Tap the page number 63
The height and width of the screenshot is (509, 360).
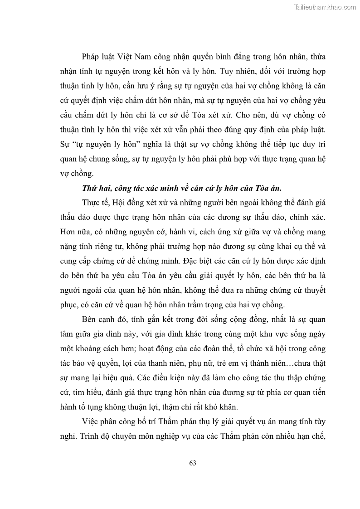pos(192,463)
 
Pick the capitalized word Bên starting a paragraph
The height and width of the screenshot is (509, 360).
pos(90,320)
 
